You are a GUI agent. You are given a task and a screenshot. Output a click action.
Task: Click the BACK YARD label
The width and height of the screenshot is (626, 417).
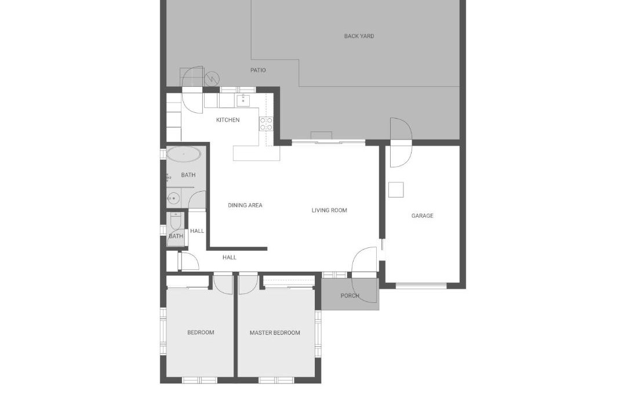pyautogui.click(x=359, y=36)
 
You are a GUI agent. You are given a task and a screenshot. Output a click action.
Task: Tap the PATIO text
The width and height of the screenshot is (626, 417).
pyautogui.click(x=258, y=70)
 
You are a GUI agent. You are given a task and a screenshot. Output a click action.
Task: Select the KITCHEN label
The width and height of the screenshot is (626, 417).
pyautogui.click(x=228, y=120)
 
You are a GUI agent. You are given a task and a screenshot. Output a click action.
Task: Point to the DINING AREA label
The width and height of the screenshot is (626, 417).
pyautogui.click(x=245, y=205)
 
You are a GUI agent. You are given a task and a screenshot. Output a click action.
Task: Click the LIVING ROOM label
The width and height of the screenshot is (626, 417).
pyautogui.click(x=329, y=210)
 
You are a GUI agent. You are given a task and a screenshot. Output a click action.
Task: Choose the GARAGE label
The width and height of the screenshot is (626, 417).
pyautogui.click(x=423, y=216)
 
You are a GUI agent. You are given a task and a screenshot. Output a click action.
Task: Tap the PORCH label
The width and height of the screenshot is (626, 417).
pyautogui.click(x=350, y=296)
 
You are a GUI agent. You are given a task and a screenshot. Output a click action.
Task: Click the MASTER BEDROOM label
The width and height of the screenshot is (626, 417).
pyautogui.click(x=275, y=333)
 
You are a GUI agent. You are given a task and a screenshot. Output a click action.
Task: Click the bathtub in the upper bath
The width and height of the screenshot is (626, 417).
pyautogui.click(x=184, y=154)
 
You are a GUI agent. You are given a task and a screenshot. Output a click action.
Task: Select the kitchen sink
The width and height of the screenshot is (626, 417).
pyautogui.click(x=243, y=100)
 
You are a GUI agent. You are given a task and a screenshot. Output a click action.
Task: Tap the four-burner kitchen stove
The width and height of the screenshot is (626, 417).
pyautogui.click(x=266, y=124)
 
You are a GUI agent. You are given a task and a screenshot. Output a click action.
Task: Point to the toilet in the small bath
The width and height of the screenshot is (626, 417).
pyautogui.click(x=175, y=221)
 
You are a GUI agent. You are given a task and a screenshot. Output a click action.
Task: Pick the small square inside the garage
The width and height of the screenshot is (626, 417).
pyautogui.click(x=396, y=189)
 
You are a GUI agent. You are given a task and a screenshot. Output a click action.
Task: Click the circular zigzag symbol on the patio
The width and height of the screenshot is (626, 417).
pyautogui.click(x=212, y=78)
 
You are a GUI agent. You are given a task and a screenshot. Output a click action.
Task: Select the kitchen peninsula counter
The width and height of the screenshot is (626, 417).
pyautogui.click(x=256, y=153)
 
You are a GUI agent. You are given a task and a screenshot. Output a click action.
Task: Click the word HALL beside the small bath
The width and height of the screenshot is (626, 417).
pyautogui.click(x=197, y=231)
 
